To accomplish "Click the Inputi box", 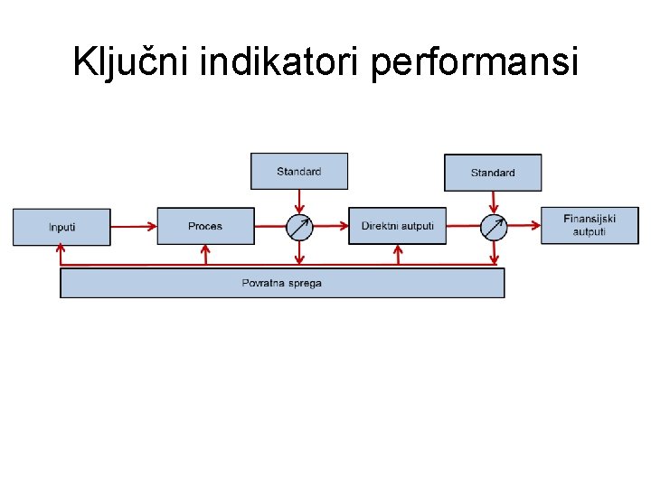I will click(61, 227).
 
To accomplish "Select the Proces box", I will click(205, 226).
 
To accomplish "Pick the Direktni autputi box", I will click(397, 226).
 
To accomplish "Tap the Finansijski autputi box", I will click(589, 226).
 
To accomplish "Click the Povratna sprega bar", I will click(282, 283).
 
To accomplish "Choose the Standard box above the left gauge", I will click(298, 171).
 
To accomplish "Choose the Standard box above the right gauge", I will click(493, 173).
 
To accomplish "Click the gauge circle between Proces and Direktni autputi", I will click(299, 227).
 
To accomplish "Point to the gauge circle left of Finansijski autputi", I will click(494, 227).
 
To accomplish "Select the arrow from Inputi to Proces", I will click(134, 226).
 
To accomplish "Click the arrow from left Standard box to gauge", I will click(299, 202).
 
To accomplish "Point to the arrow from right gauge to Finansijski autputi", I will click(524, 226).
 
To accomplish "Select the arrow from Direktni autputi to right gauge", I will click(463, 226).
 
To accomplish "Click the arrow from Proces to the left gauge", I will click(270, 226).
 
